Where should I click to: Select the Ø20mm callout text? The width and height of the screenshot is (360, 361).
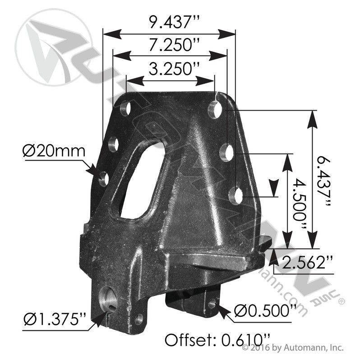point(54,150)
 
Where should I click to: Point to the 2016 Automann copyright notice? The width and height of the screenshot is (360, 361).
point(293,348)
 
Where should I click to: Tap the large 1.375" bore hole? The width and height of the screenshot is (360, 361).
point(110,298)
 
